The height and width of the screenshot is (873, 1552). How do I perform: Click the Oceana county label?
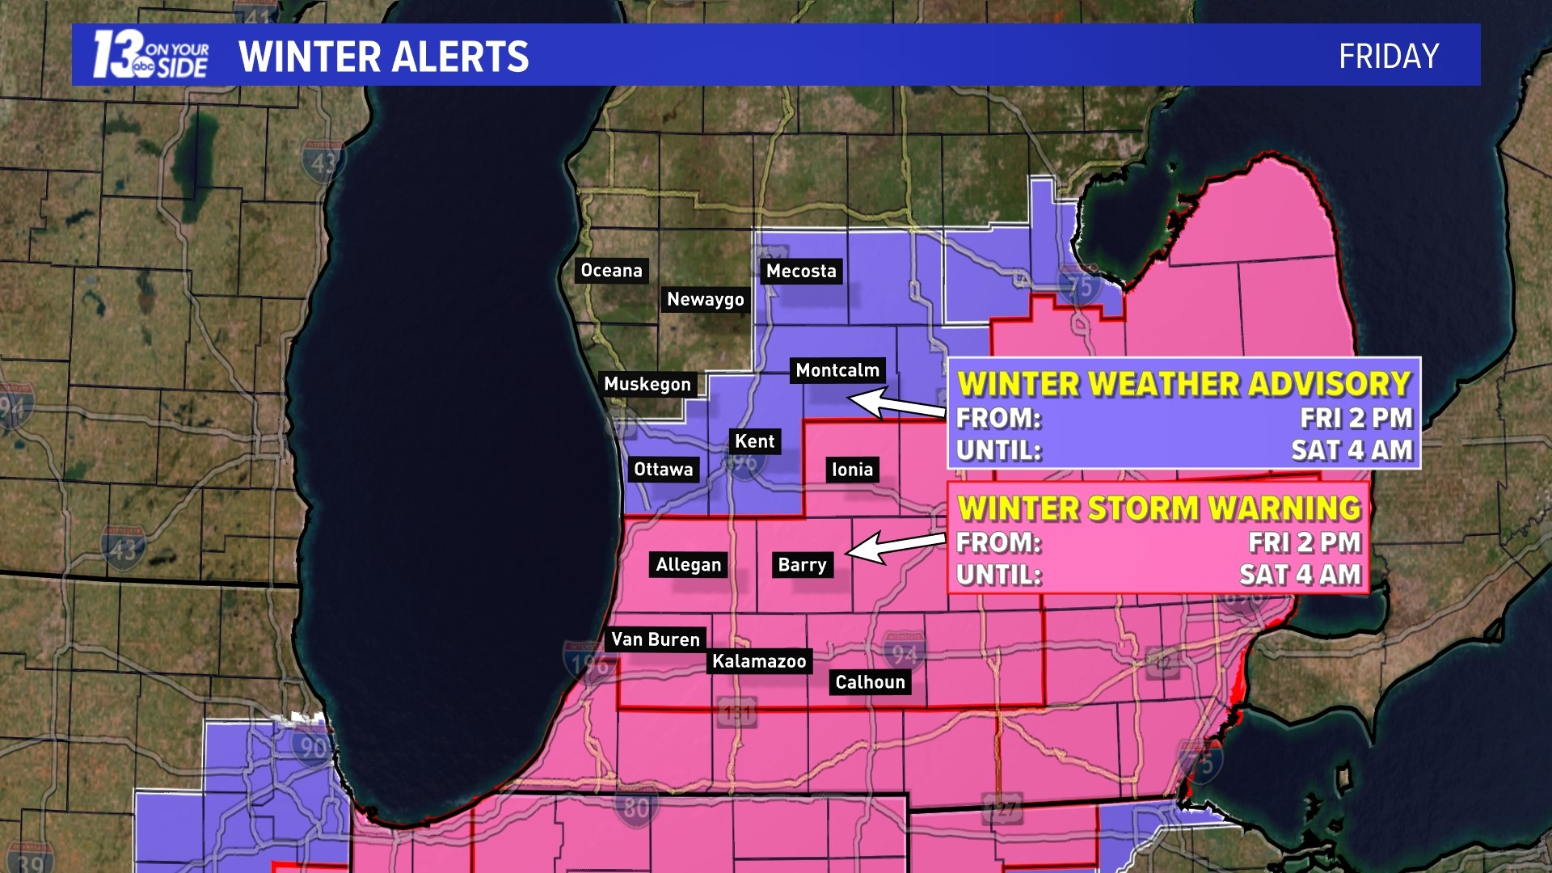pyautogui.click(x=611, y=271)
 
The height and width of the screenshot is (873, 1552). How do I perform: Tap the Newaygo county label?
pyautogui.click(x=705, y=300)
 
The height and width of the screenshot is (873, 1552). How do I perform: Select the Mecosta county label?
pyautogui.click(x=801, y=272)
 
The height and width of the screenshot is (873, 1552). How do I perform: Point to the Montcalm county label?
pyautogui.click(x=837, y=371)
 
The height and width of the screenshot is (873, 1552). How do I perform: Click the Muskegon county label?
pyautogui.click(x=647, y=385)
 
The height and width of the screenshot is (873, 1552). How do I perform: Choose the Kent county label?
pyautogui.click(x=754, y=442)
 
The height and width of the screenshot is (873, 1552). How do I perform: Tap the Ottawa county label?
pyautogui.click(x=663, y=470)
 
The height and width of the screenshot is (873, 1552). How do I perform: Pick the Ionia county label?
pyautogui.click(x=852, y=470)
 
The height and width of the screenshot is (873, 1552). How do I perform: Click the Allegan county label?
pyautogui.click(x=688, y=565)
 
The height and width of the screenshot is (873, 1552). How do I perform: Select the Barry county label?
pyautogui.click(x=802, y=565)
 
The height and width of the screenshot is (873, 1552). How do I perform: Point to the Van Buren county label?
pyautogui.click(x=655, y=640)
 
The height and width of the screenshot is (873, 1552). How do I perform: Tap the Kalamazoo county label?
pyautogui.click(x=758, y=662)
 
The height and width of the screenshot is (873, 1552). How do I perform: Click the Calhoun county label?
pyautogui.click(x=870, y=683)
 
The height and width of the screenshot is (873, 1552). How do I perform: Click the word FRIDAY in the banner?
pyautogui.click(x=1388, y=57)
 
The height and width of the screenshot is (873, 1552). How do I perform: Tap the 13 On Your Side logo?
pyautogui.click(x=150, y=55)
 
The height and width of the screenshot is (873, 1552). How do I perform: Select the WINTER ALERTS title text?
pyautogui.click(x=383, y=57)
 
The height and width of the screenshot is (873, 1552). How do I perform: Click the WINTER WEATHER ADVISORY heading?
pyautogui.click(x=1183, y=384)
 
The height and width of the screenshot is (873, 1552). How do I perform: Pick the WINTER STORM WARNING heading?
pyautogui.click(x=1158, y=508)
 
